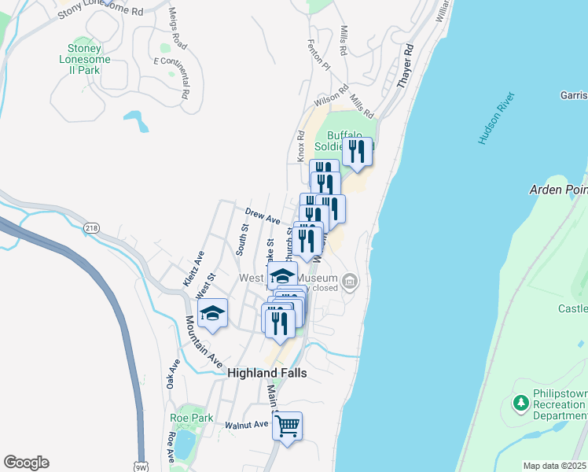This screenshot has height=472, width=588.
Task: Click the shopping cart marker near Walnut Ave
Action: point(288,426)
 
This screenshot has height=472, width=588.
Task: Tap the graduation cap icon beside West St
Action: point(212,313)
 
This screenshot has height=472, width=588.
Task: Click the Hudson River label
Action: point(497,118)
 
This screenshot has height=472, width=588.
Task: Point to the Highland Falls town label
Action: point(266,373)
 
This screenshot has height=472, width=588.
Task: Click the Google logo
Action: point(26,463)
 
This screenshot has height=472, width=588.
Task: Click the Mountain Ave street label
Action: point(202,341)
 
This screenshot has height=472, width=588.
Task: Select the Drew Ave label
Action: point(263,216)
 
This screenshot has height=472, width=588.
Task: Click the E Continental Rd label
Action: point(173,77)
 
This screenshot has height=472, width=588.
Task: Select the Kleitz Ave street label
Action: point(193,268)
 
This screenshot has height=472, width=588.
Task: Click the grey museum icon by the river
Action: point(351,281)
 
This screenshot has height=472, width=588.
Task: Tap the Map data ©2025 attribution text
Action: point(554,466)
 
